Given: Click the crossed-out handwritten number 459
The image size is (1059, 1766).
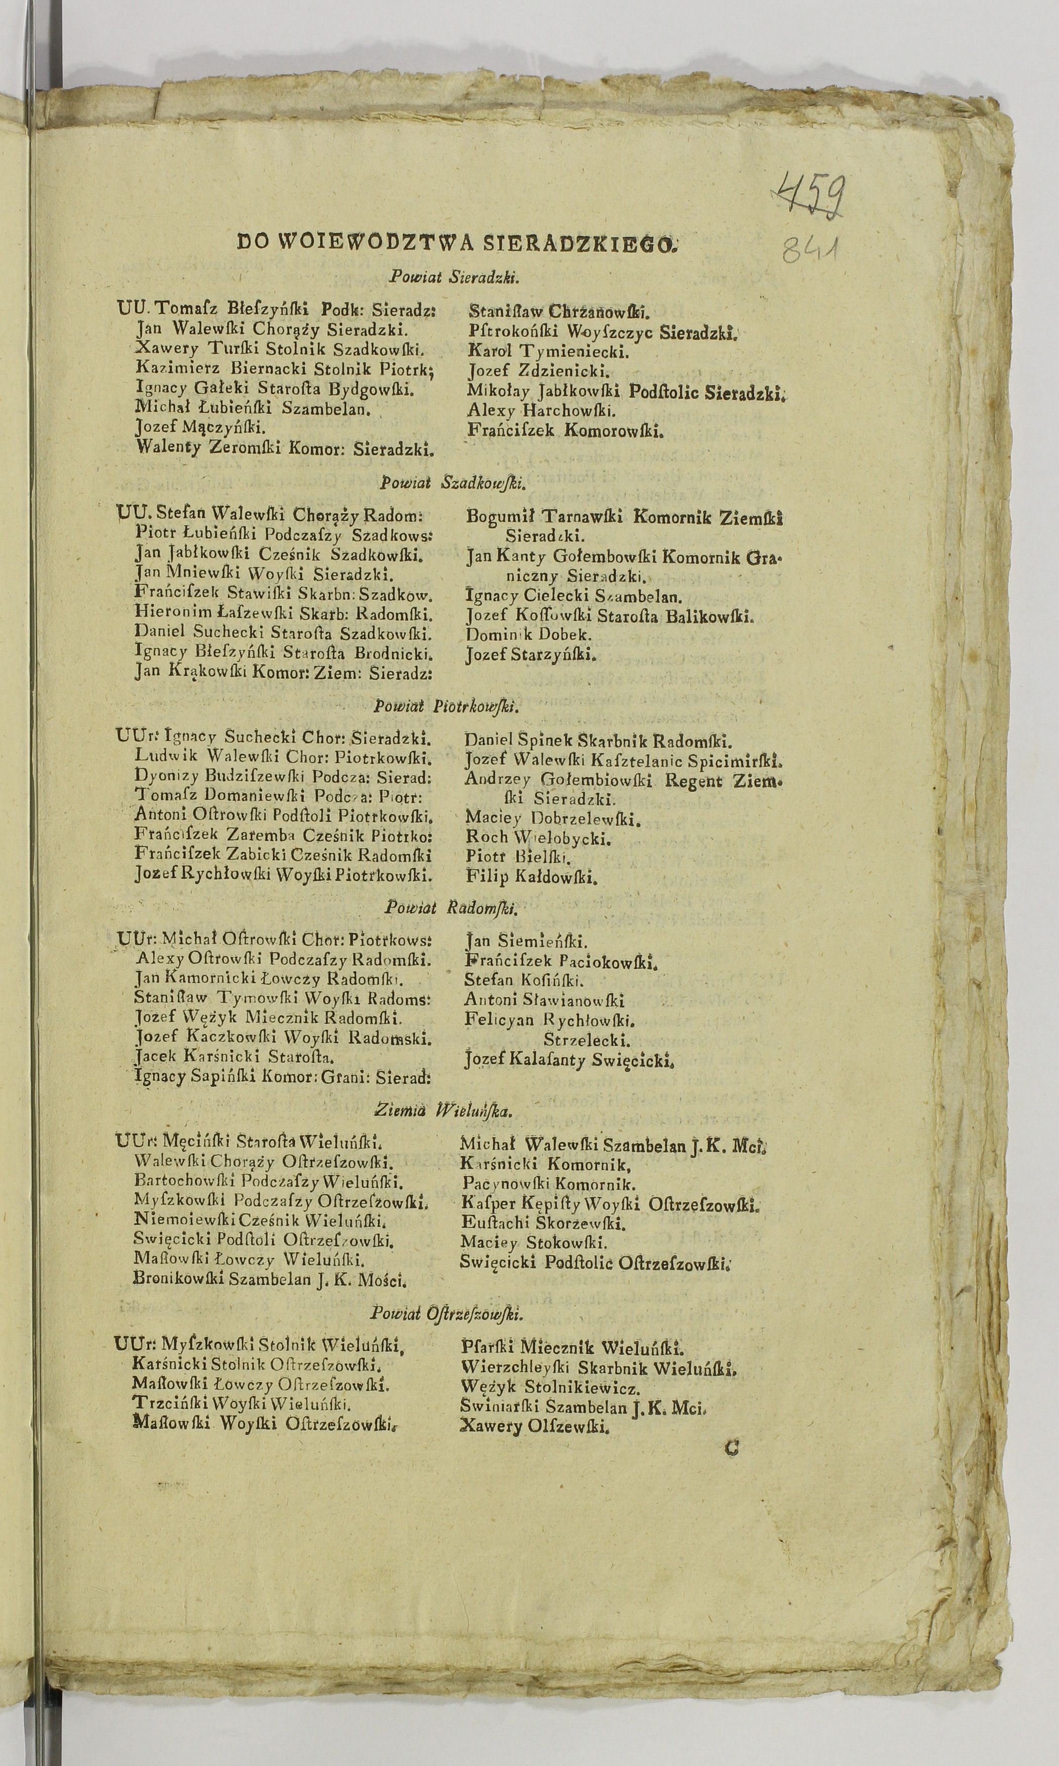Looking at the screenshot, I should [x=811, y=193].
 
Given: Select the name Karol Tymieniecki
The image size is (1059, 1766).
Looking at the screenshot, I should [x=548, y=351].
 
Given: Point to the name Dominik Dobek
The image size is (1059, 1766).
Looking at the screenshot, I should [x=528, y=634].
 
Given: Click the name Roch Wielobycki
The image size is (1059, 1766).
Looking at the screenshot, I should [x=538, y=837].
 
